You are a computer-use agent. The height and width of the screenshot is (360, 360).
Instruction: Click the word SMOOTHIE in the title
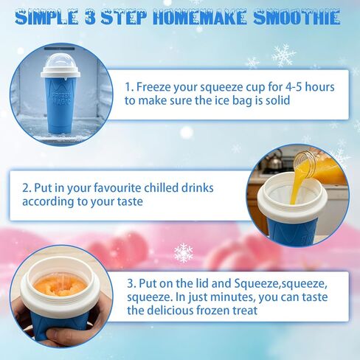point(297,18)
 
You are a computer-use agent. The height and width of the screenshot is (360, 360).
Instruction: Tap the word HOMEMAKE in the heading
point(199,18)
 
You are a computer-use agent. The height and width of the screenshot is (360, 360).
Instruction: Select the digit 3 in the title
point(90,18)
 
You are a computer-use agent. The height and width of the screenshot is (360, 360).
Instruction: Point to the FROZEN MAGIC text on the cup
point(61,98)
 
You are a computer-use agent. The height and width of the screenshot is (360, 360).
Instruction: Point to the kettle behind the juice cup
point(274,159)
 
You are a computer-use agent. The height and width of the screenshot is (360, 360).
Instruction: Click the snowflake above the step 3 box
point(184,252)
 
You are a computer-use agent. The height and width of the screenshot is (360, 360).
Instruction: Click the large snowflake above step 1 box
point(283,55)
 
